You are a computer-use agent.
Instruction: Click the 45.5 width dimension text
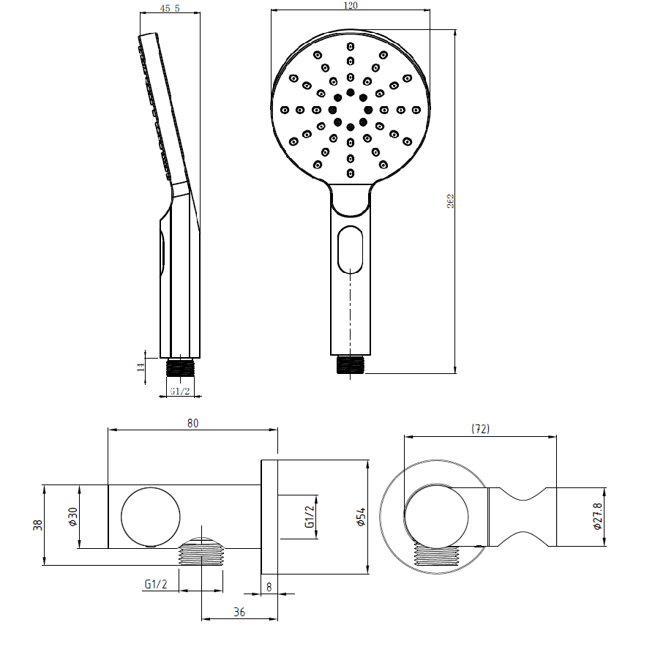(x=170, y=9)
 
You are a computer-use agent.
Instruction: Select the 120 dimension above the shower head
(x=351, y=6)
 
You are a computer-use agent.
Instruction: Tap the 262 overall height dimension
(x=451, y=201)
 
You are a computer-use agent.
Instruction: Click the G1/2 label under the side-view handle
(x=180, y=392)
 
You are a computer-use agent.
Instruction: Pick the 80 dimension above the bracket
(x=193, y=422)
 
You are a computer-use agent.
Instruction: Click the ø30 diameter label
(x=72, y=517)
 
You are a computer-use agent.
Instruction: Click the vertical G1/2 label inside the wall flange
(x=309, y=517)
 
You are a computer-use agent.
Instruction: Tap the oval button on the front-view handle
(x=351, y=249)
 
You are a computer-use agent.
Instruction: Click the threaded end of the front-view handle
(x=351, y=364)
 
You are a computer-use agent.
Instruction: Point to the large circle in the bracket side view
(x=150, y=517)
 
